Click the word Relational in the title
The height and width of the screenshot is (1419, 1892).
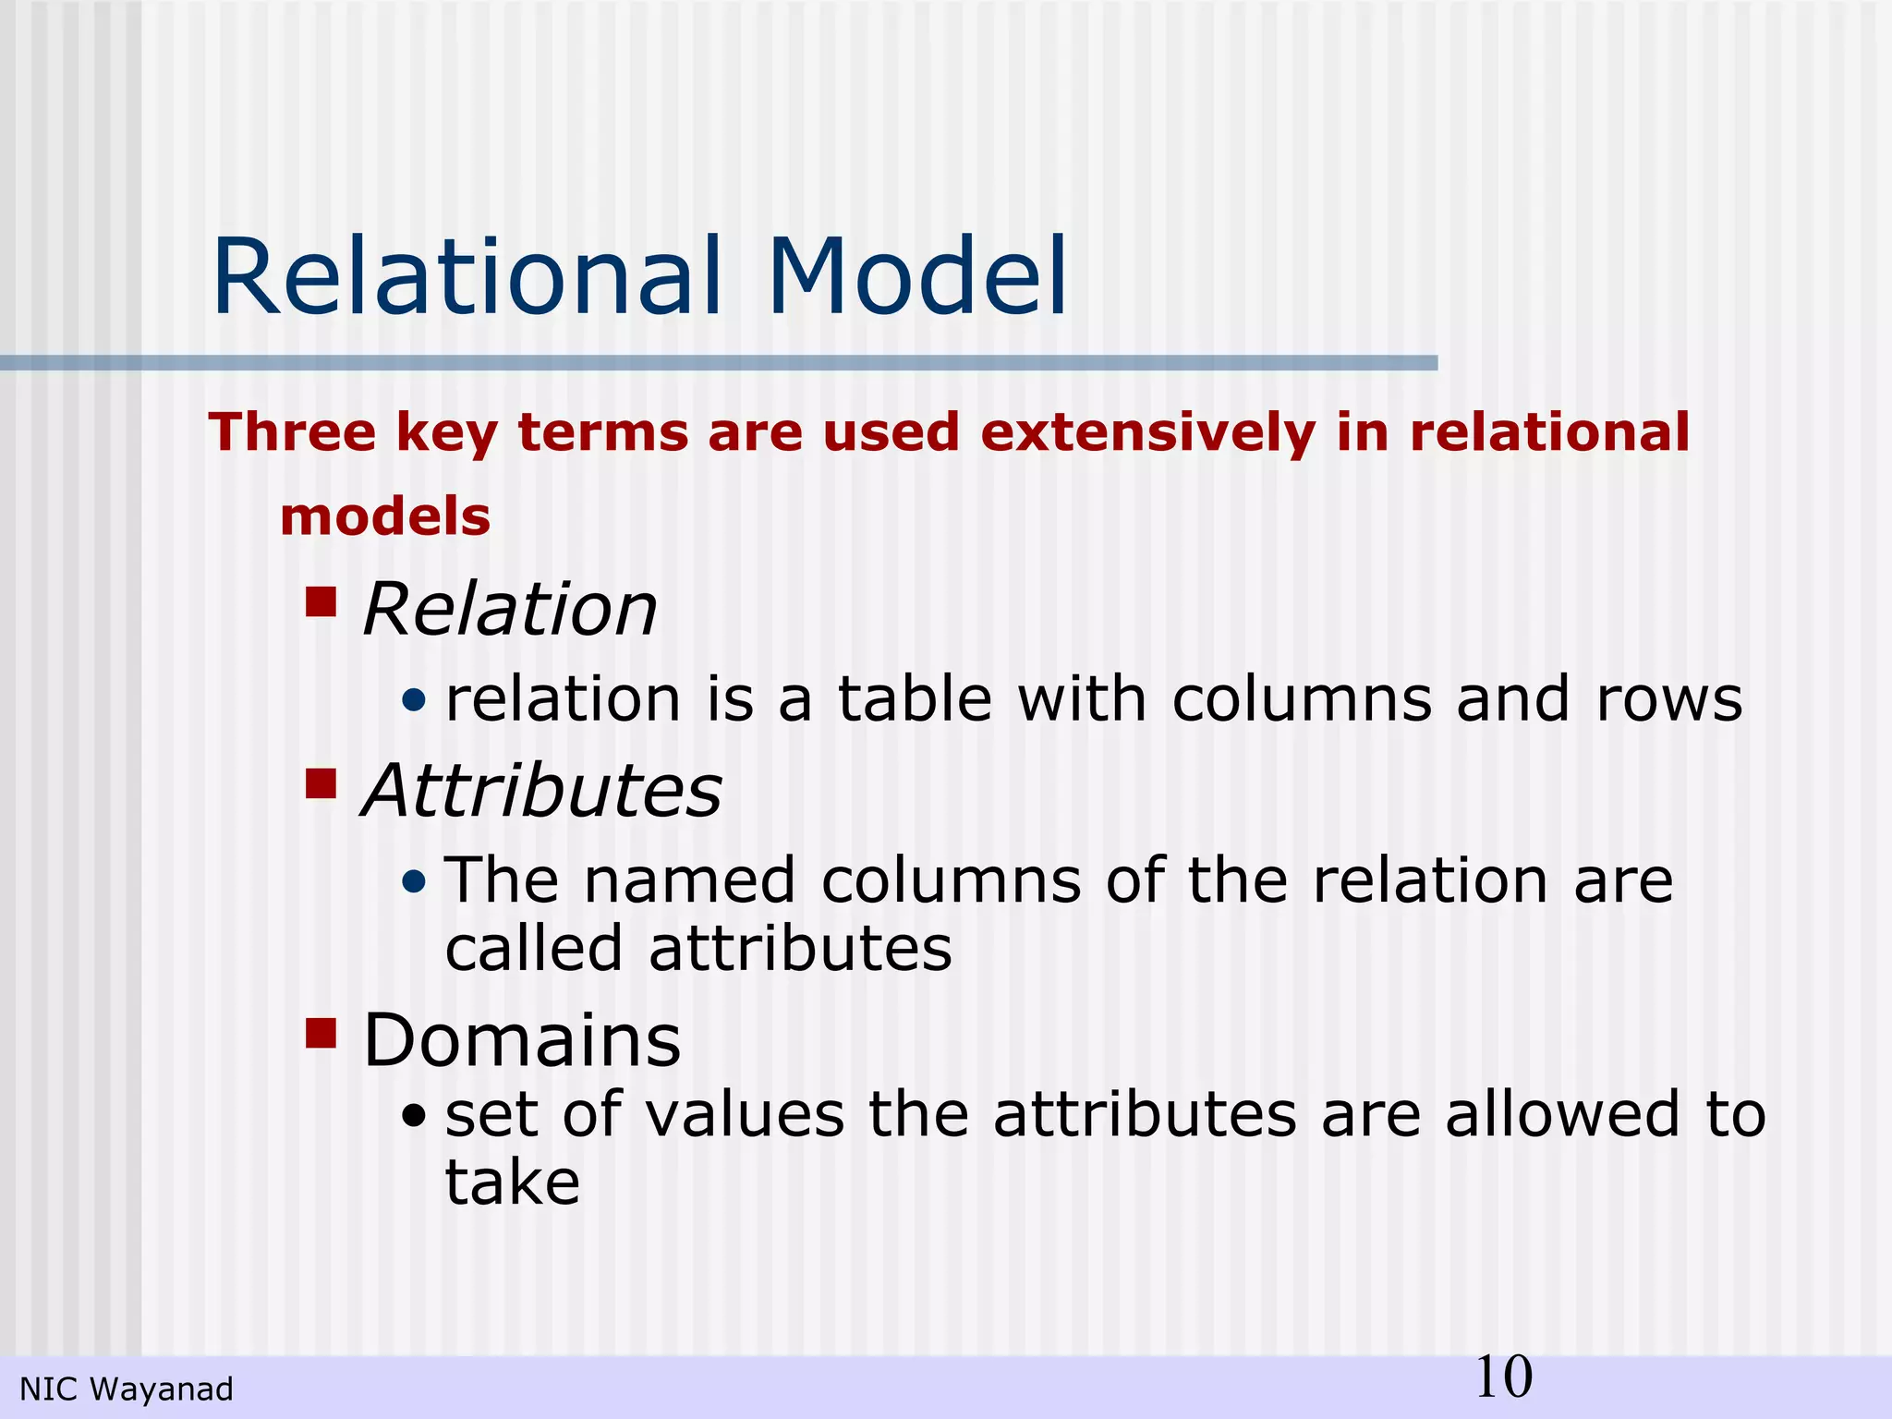point(467,277)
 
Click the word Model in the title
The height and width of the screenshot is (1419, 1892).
point(916,277)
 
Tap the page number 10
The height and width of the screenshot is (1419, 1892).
point(1503,1377)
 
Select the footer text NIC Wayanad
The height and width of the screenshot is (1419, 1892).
point(127,1389)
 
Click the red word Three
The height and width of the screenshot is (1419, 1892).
point(292,432)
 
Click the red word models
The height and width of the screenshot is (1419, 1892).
point(384,516)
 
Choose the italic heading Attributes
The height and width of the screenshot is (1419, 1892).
point(541,792)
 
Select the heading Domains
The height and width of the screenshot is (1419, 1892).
point(522,1041)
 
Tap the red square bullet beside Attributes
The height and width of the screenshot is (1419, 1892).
point(321,783)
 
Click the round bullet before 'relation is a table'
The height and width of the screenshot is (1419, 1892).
point(415,701)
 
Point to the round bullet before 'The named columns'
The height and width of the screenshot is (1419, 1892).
point(415,882)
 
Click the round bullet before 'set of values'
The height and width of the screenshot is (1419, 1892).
point(415,1117)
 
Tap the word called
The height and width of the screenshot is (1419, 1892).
point(534,950)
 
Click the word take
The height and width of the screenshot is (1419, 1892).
point(513,1182)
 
